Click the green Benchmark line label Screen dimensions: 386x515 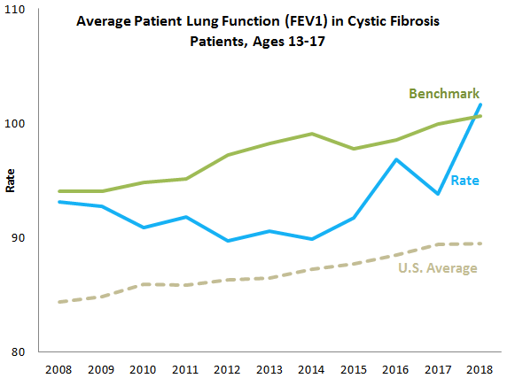click(443, 94)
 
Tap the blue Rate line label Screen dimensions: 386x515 click(465, 181)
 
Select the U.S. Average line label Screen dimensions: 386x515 click(437, 268)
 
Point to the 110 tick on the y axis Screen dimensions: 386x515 click(19, 9)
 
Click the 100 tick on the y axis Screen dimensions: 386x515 click(19, 123)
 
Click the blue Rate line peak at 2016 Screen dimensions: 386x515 click(396, 159)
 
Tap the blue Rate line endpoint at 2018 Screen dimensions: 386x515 click(480, 104)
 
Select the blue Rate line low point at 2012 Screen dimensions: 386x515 click(228, 241)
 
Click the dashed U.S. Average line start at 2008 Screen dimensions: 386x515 click(59, 302)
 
